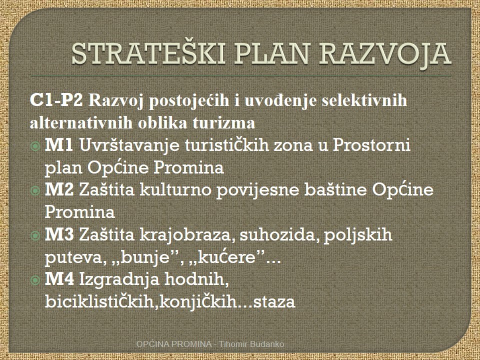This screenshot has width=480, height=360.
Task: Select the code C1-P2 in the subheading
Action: coord(56,100)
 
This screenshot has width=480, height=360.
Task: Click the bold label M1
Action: coord(59,145)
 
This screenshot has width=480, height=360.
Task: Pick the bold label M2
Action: coord(59,189)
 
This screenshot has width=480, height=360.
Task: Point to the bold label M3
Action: coord(59,234)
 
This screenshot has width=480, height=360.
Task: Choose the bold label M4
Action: coord(59,279)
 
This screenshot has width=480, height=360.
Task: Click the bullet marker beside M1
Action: coord(35,146)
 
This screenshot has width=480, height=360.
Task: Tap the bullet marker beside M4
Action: coord(35,280)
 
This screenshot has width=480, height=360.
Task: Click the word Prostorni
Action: coord(371,145)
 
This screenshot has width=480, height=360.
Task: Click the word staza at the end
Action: coord(274,302)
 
